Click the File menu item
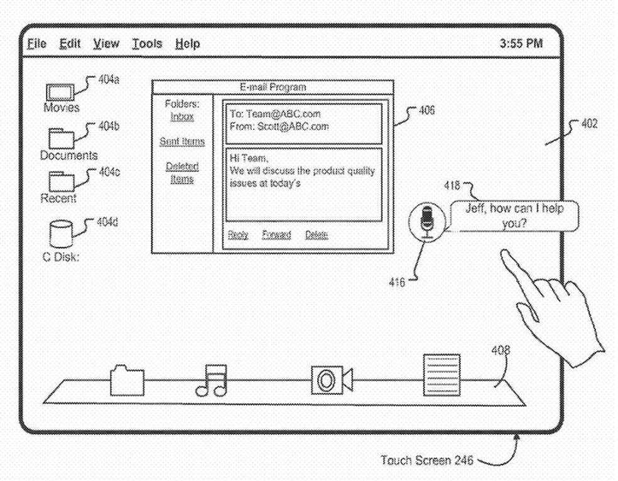(37, 44)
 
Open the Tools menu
(147, 44)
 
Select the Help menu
(187, 44)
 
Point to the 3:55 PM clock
(521, 44)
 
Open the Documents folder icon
(61, 138)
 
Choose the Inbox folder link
(182, 117)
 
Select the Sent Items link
(182, 142)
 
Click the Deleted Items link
(182, 173)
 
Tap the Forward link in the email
(276, 235)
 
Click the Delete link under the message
(317, 235)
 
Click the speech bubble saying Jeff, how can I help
(513, 215)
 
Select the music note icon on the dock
(212, 381)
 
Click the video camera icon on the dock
(331, 380)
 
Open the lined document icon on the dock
(442, 375)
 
